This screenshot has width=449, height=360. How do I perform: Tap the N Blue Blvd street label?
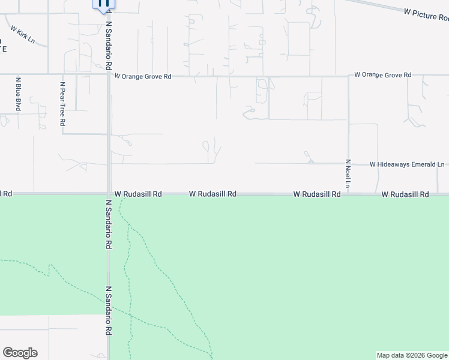19,94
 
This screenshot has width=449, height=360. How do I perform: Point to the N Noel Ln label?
348,176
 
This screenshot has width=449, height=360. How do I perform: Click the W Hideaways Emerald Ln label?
407,164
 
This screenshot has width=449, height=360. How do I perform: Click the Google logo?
20,353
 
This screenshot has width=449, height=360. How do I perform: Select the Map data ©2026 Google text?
412,355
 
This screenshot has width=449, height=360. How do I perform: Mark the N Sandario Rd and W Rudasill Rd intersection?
109,194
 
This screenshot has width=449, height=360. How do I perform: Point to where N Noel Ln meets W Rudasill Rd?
348,194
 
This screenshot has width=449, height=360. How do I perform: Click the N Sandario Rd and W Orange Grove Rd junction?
109,75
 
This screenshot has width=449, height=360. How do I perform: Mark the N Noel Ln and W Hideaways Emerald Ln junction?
348,163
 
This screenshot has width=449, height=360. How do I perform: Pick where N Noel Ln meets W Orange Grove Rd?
348,76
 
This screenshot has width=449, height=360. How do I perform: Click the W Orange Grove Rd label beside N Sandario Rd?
143,77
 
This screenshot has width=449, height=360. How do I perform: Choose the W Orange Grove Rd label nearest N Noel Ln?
382,75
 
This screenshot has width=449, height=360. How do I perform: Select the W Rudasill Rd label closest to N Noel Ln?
317,194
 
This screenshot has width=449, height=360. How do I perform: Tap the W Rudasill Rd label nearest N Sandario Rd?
138,194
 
